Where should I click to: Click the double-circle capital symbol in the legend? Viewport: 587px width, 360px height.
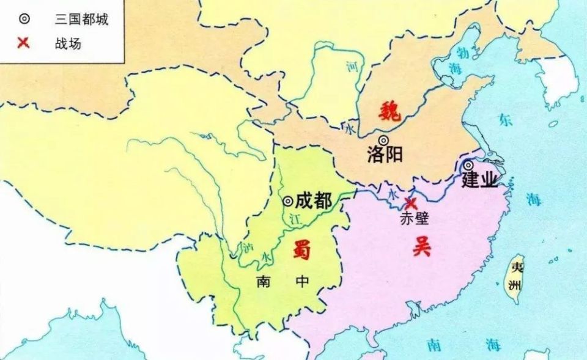pos(24,19)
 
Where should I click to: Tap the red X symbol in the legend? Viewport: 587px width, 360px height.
pos(24,43)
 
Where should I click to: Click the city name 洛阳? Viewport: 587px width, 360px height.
pos(385,155)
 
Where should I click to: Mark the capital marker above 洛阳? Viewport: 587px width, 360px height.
pos(383,140)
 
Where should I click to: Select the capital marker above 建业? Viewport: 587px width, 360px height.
pos(468,165)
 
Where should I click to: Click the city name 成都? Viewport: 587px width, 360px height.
pos(314,201)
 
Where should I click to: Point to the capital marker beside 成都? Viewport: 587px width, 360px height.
pos(287,200)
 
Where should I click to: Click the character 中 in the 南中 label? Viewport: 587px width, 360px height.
pos(301,282)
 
